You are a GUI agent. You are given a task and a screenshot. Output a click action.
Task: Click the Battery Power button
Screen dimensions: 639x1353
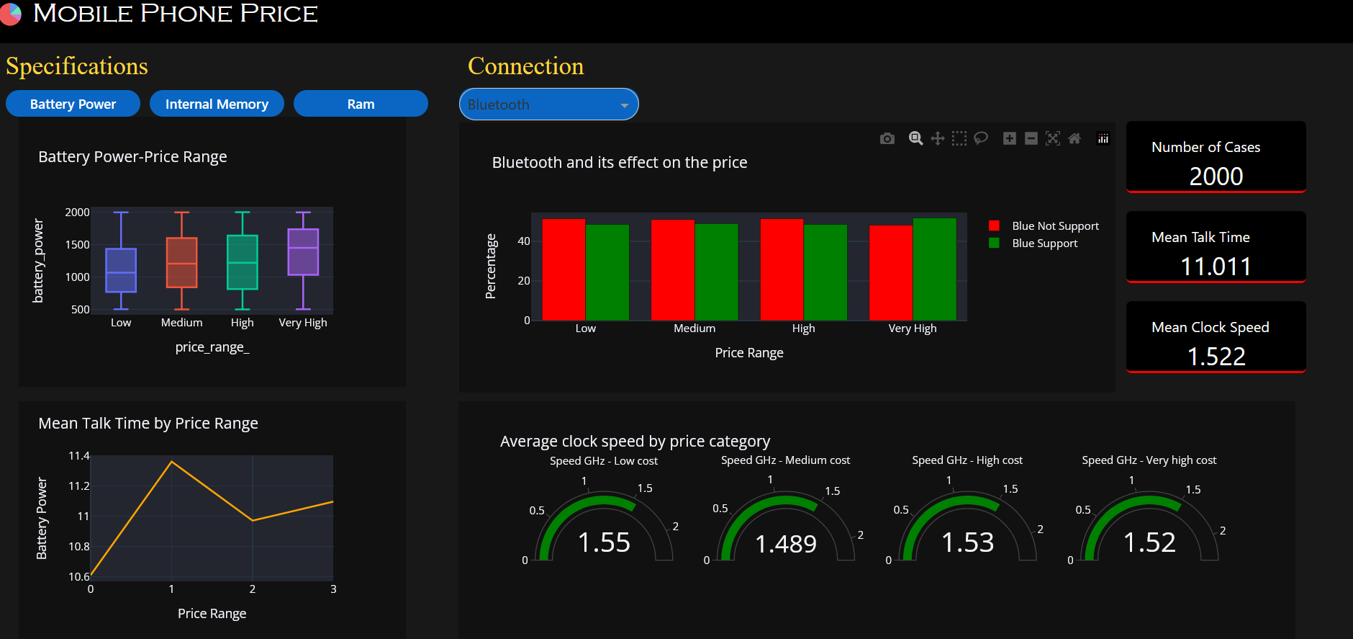coord(73,104)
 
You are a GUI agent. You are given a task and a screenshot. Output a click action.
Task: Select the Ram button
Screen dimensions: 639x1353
coord(361,104)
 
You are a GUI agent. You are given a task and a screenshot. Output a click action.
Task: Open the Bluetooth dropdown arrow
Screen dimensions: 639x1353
coord(624,105)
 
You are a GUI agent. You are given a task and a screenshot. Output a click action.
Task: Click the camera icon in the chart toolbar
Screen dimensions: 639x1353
coord(887,138)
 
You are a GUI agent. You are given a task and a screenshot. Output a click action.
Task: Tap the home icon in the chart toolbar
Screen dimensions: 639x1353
coord(1074,138)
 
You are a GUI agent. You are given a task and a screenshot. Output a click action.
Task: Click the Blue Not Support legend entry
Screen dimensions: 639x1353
coord(1054,226)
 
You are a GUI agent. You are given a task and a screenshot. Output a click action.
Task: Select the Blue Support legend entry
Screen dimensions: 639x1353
coord(1044,243)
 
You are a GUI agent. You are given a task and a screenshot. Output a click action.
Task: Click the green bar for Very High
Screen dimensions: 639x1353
coord(934,269)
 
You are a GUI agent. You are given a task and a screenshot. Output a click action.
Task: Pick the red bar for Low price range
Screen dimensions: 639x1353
coord(564,269)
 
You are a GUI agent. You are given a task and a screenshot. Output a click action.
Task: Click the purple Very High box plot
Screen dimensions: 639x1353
coord(303,252)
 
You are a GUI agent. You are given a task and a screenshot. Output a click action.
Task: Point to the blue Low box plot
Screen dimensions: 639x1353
coord(121,270)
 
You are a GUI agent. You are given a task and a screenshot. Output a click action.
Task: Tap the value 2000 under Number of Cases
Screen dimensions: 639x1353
coord(1216,176)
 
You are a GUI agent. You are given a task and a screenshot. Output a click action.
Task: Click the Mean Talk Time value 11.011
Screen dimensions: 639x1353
coord(1216,267)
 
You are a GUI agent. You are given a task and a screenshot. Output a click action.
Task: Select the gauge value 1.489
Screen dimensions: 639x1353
coord(786,544)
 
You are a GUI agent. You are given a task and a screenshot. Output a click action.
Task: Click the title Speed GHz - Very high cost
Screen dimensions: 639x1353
coord(1149,460)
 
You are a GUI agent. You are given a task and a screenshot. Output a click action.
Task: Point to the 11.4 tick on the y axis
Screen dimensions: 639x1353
coord(78,456)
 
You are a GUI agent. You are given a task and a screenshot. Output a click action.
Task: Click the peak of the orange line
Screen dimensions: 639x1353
coord(171,462)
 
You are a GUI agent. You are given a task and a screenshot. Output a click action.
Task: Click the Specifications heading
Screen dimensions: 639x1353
coord(77,66)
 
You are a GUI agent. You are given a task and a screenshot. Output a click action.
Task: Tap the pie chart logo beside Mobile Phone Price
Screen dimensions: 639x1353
coord(10,14)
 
